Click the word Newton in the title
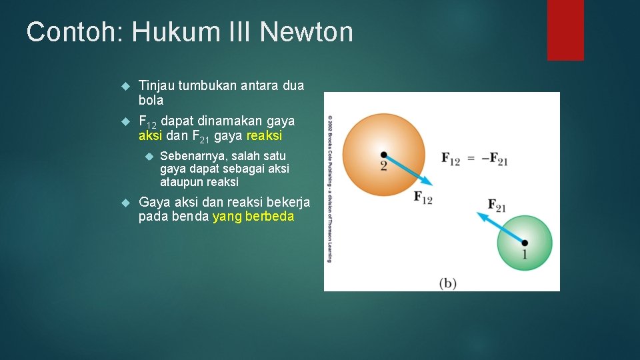(307, 32)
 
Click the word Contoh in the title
(71, 32)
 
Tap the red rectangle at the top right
(565, 30)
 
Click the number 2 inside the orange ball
(383, 165)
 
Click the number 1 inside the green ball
(525, 254)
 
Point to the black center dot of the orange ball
(383, 155)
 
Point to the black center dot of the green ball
(525, 243)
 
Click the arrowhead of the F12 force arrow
(430, 181)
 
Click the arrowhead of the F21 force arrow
(479, 215)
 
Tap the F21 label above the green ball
(497, 205)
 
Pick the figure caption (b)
(447, 283)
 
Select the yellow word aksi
(150, 135)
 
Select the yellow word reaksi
(264, 135)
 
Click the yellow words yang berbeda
(253, 217)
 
